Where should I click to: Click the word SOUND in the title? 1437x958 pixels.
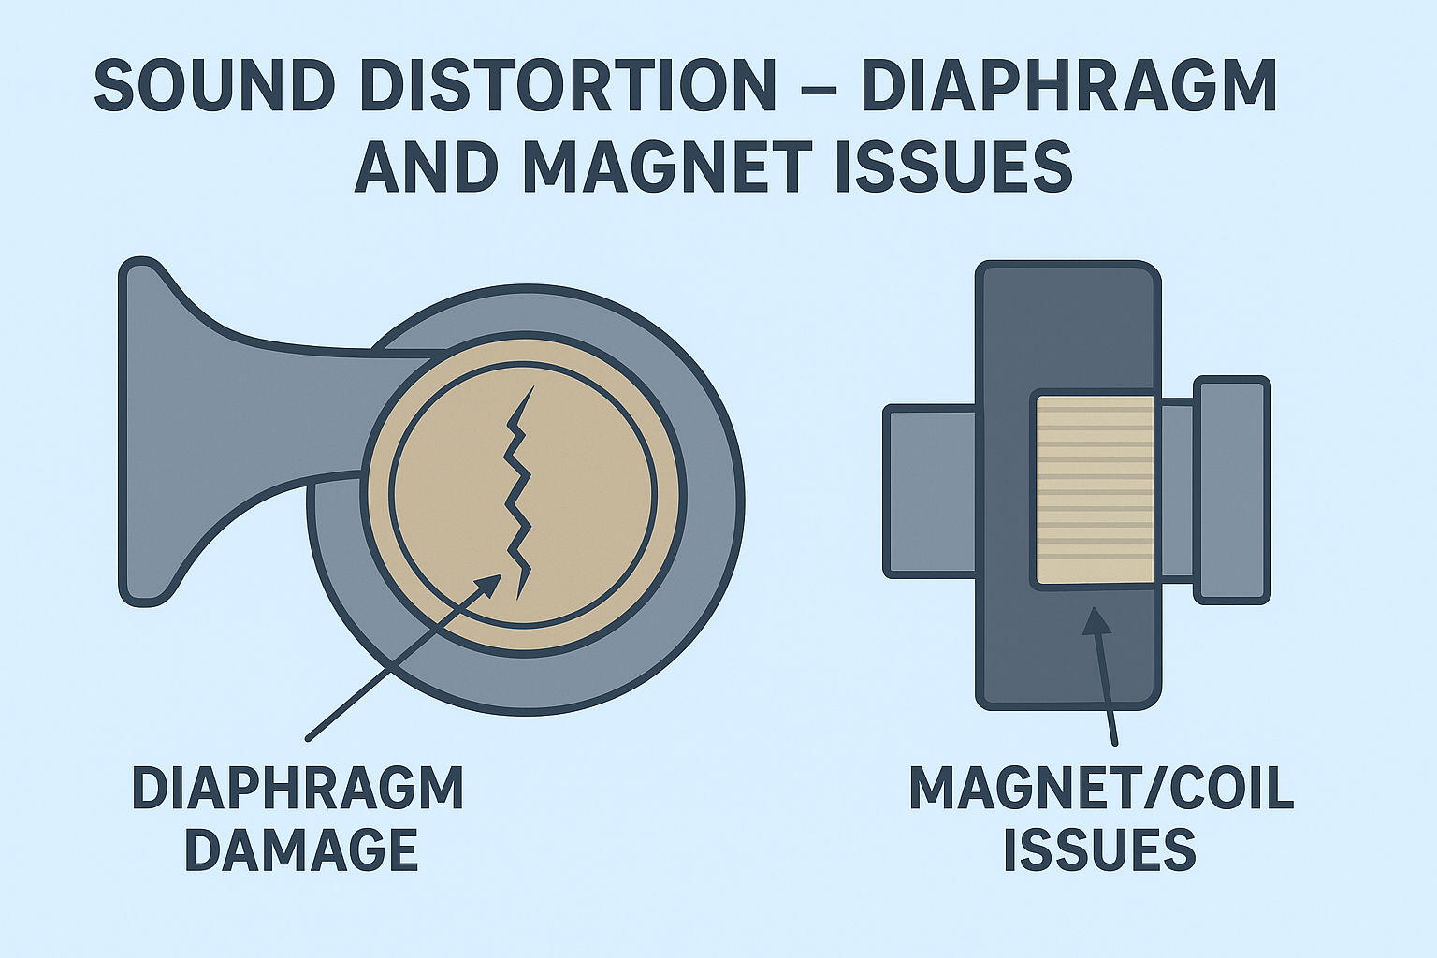point(214,86)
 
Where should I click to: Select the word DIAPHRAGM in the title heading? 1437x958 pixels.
point(1068,86)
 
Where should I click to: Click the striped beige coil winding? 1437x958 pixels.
point(1094,490)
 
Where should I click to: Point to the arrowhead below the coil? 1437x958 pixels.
point(1096,621)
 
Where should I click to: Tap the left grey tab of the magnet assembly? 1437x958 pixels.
point(929,491)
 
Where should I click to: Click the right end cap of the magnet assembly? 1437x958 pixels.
point(1232,490)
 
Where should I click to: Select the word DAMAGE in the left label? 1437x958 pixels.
point(300,849)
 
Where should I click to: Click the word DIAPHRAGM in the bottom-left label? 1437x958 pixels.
point(298,788)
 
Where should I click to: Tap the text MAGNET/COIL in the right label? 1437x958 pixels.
point(1101,788)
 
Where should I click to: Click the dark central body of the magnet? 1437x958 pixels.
point(1067,327)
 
